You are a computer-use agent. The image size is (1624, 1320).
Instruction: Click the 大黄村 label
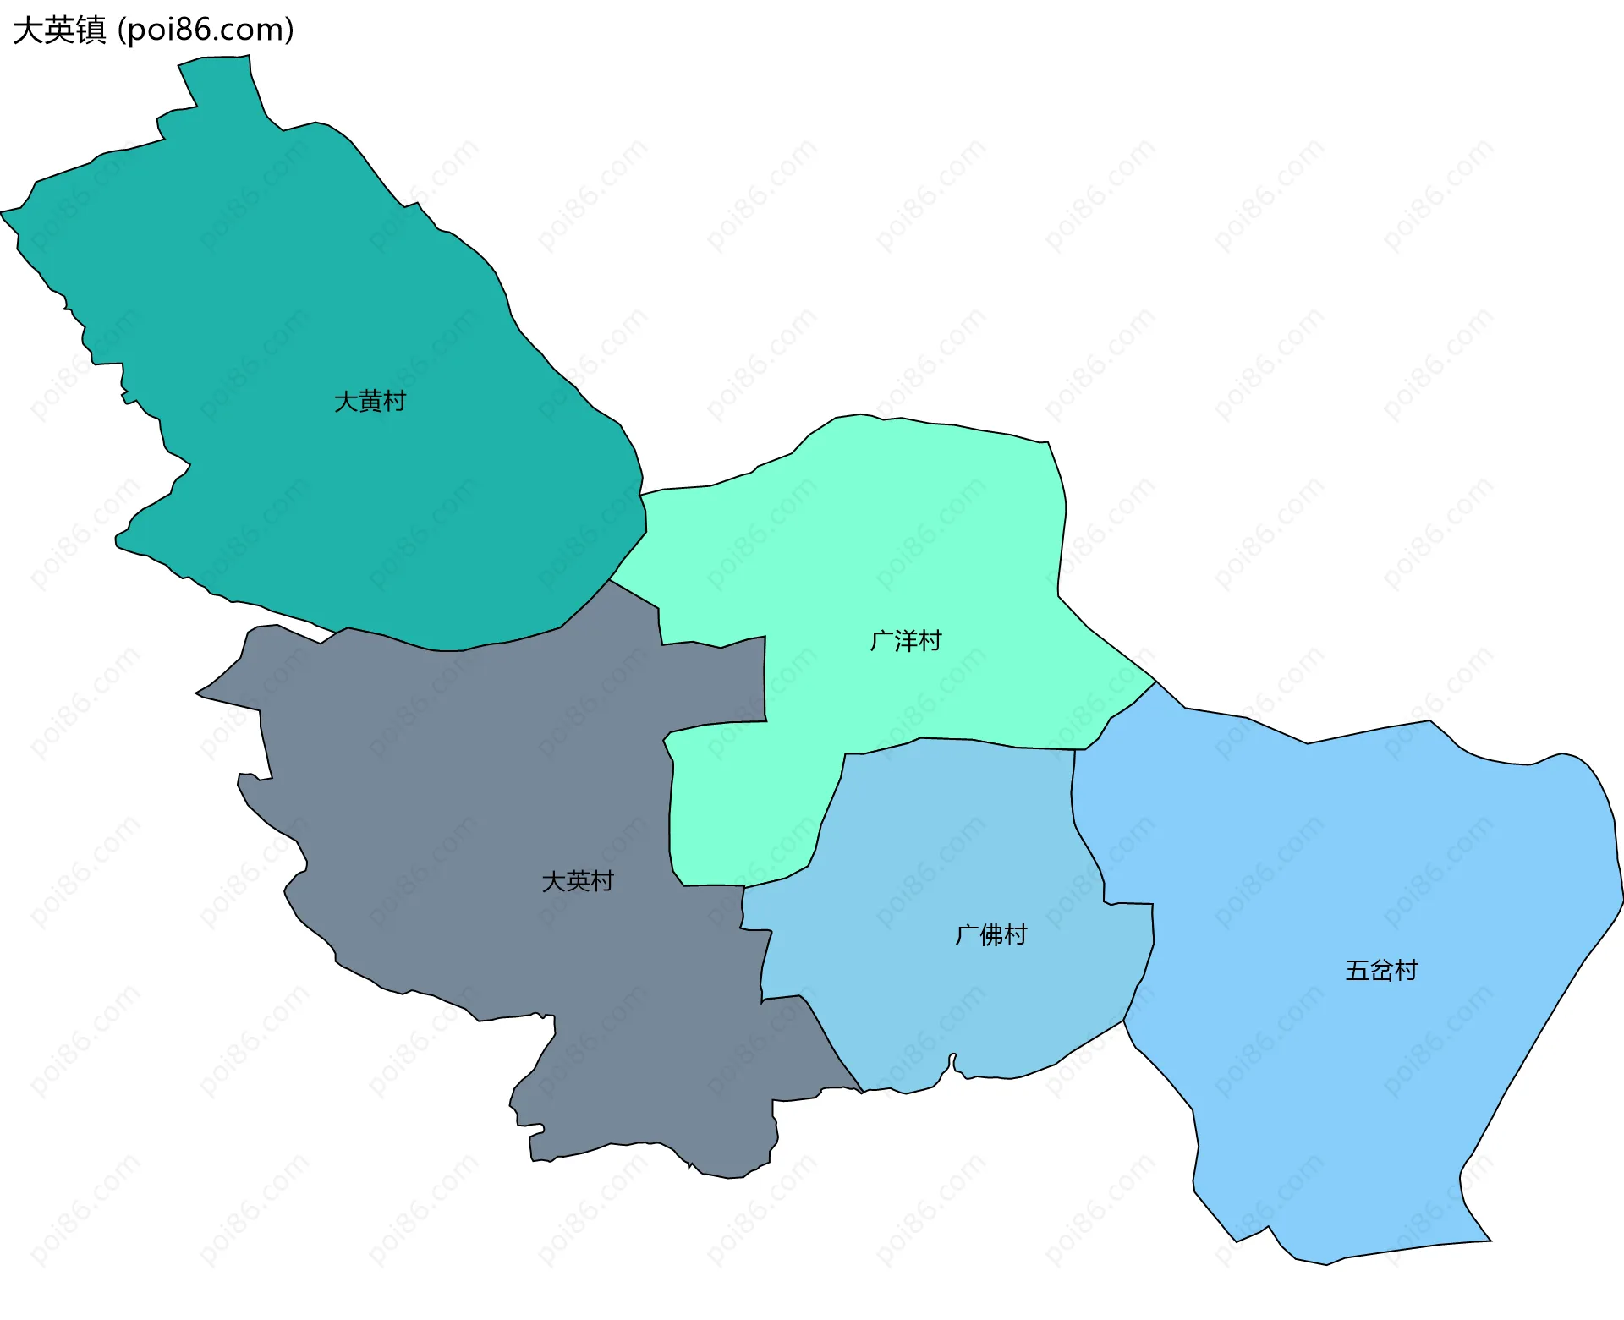(370, 402)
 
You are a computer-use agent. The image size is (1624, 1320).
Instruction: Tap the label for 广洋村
(905, 641)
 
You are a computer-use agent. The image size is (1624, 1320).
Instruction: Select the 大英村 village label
(577, 881)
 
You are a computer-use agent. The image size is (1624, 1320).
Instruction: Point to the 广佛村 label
(990, 934)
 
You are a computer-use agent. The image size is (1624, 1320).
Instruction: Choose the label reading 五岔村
(1381, 970)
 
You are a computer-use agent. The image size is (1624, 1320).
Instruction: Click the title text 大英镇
(59, 30)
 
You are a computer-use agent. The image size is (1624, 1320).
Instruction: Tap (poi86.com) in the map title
(206, 30)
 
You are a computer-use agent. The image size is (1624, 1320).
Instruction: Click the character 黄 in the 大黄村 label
(370, 402)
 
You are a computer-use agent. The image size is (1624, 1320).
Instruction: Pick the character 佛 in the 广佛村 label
(991, 934)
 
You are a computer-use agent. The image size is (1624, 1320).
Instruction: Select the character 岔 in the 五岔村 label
(1382, 970)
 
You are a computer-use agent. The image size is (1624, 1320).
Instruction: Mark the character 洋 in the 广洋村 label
(906, 641)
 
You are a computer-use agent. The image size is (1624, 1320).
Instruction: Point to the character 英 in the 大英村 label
(578, 881)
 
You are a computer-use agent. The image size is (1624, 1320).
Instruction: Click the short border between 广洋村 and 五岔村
(1121, 710)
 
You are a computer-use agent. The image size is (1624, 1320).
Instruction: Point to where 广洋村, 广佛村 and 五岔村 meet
(1075, 750)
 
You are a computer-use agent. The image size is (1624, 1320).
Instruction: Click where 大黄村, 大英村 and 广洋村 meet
(610, 580)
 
